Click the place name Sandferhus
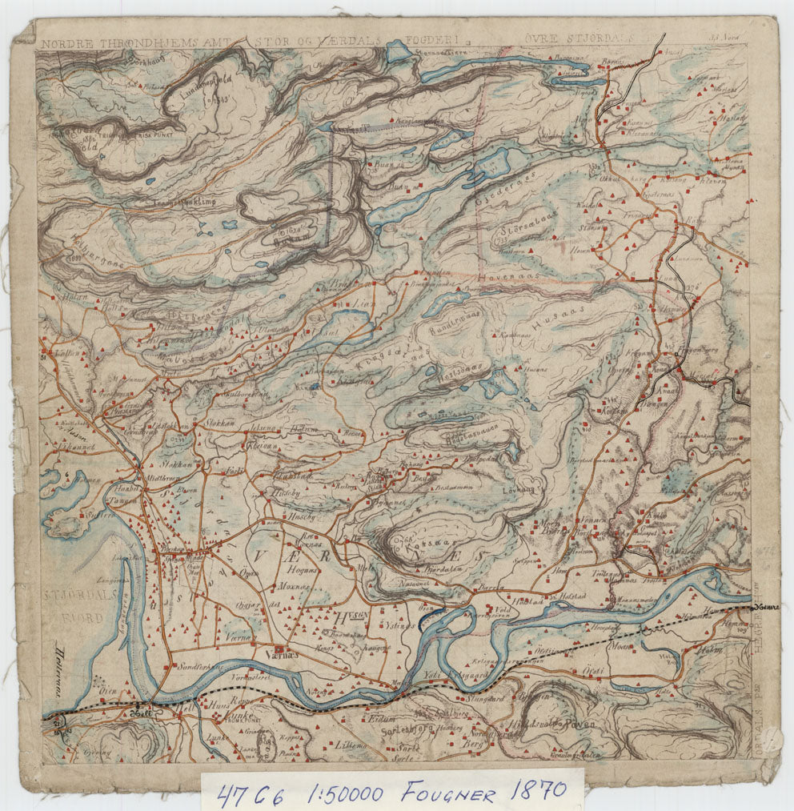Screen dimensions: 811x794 click(x=195, y=666)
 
